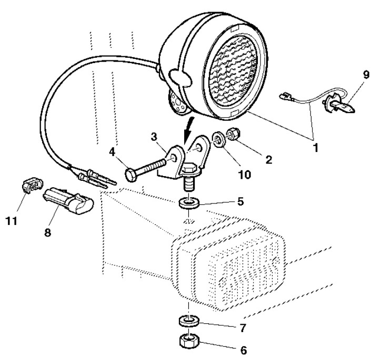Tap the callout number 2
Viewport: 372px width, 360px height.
click(269, 159)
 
